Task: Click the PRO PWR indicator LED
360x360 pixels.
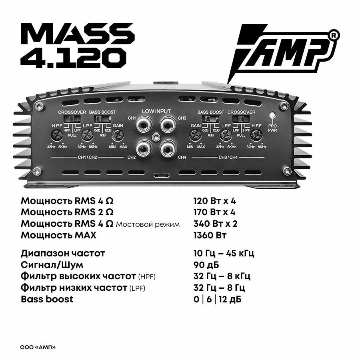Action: tap(272, 116)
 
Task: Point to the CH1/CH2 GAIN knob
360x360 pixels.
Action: tap(116, 136)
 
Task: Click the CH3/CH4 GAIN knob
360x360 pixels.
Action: tap(196, 136)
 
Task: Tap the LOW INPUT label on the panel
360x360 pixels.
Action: tap(156, 111)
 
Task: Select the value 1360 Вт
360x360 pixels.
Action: tap(210, 235)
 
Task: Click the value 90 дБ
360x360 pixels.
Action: tap(206, 265)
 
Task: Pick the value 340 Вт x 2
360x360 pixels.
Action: tap(215, 224)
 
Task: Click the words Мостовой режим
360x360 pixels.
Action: tap(148, 224)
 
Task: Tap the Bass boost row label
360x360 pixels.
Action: tap(47, 299)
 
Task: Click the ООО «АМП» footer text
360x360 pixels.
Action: tap(38, 347)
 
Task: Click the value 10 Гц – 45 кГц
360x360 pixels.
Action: tap(224, 253)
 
